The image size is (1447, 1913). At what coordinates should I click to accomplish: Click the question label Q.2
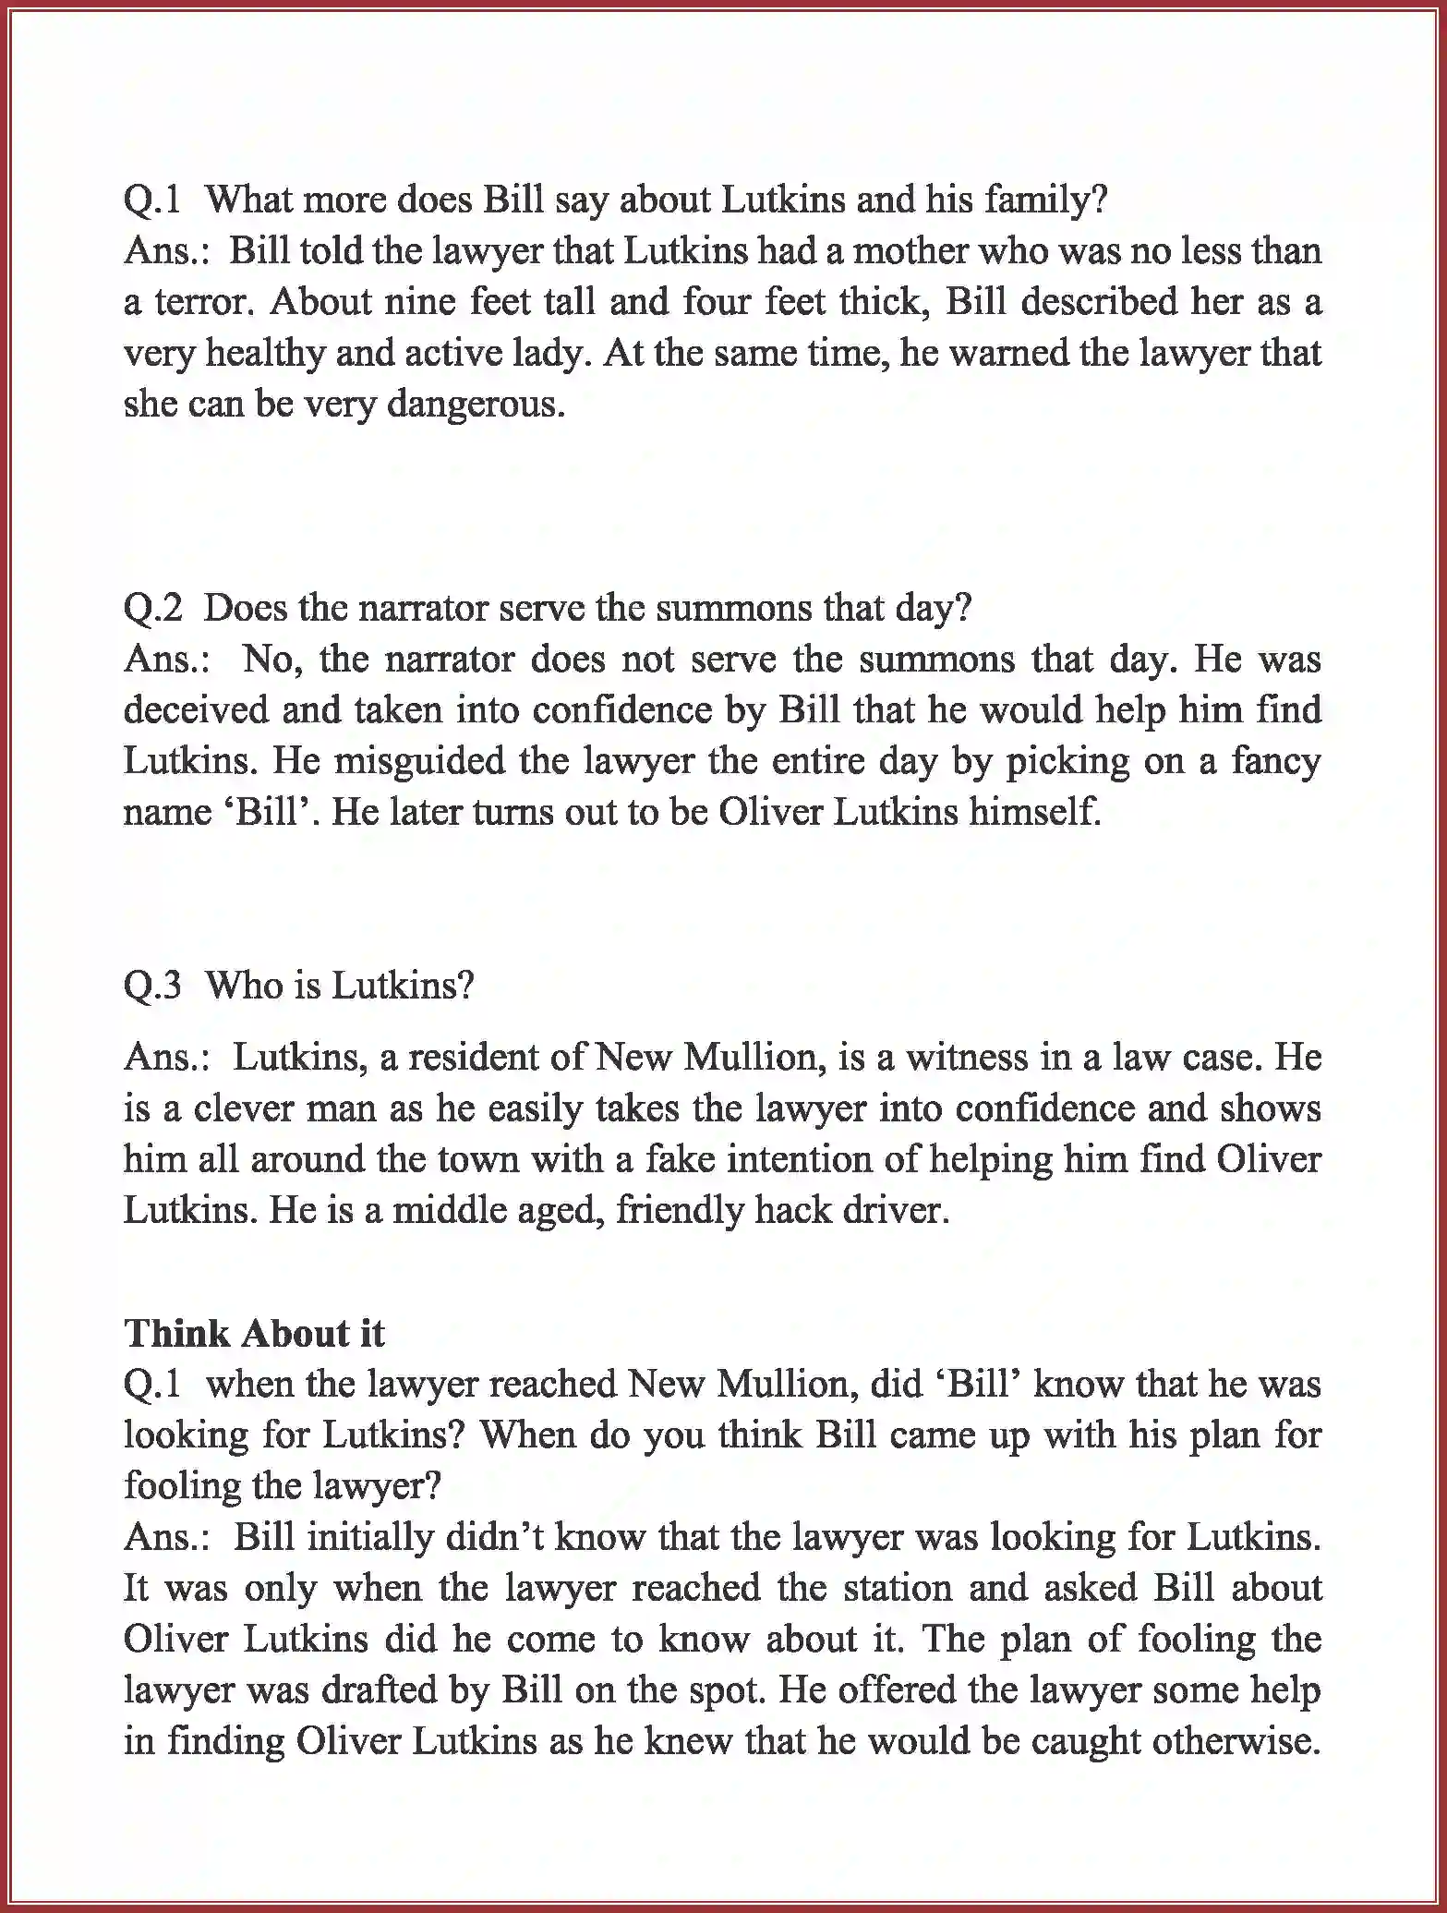tap(153, 609)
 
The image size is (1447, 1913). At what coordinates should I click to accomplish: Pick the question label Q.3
tap(153, 987)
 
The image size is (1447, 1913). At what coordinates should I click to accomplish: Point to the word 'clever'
tap(245, 1108)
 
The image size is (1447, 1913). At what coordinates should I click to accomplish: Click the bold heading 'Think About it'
tap(255, 1334)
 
